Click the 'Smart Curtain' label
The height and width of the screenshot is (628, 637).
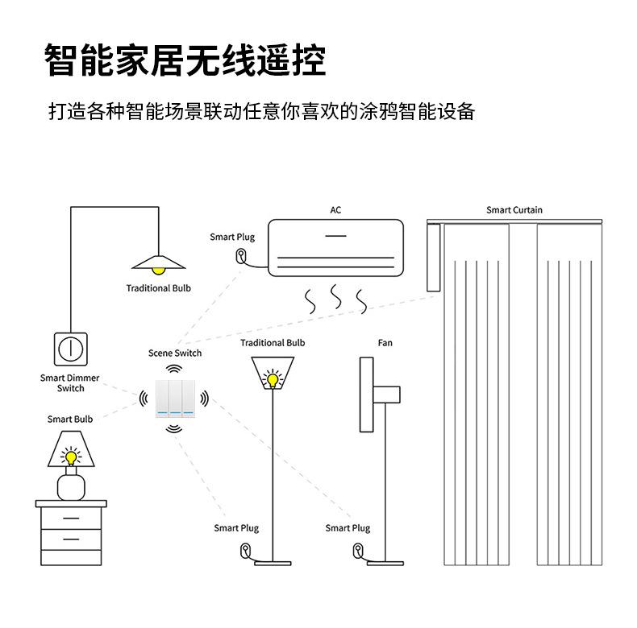tap(514, 210)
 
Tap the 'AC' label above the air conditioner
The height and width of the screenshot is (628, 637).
tap(335, 210)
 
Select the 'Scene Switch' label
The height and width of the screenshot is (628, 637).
tap(175, 353)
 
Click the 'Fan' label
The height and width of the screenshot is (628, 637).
tap(385, 343)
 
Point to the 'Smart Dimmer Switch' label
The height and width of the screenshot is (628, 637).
tap(70, 383)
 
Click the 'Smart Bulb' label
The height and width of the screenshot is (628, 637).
tap(70, 419)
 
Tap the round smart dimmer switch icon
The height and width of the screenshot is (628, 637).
tap(70, 348)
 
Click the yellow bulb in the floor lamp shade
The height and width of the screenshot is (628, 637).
tap(273, 378)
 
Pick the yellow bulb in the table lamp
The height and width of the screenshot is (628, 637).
tap(71, 457)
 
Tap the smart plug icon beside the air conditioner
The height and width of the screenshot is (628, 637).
tap(240, 257)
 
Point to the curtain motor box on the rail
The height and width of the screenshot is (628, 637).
tap(434, 258)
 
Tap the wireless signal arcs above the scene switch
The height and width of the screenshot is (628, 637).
tap(174, 368)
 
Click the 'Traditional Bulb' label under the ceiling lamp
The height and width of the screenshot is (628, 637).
tap(159, 288)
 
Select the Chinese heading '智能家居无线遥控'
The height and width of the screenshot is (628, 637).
tap(185, 61)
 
